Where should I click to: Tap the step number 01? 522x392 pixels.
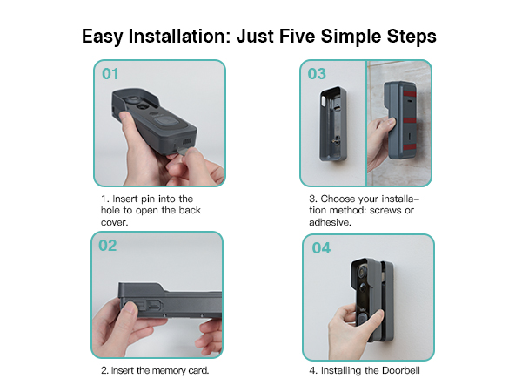tap(110, 74)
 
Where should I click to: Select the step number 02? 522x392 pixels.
tap(108, 246)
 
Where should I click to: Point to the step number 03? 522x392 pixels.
tap(317, 74)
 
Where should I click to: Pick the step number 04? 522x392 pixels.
tap(321, 248)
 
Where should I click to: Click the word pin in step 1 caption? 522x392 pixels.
tap(148, 199)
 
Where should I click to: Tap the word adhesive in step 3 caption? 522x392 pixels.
tap(330, 222)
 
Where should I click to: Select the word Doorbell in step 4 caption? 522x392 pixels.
tap(401, 370)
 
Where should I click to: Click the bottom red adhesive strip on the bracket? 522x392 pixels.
tap(409, 148)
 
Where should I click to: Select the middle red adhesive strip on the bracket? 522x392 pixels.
tap(410, 120)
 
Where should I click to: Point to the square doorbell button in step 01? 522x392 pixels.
tap(166, 121)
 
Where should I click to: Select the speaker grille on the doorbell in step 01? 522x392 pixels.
tap(187, 141)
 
